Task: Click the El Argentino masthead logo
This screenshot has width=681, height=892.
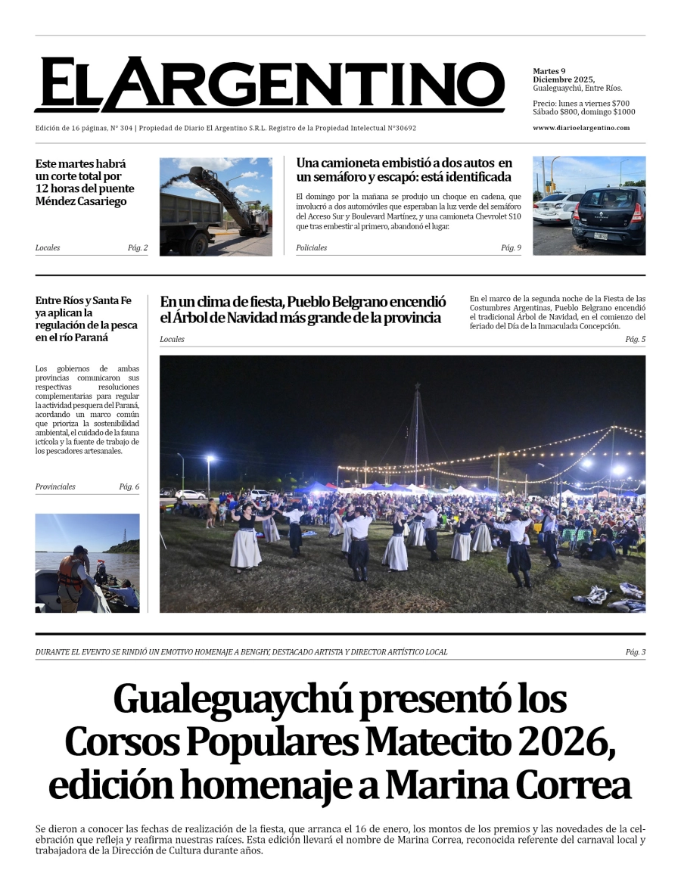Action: [x=269, y=85]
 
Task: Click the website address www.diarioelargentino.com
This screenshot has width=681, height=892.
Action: [x=580, y=128]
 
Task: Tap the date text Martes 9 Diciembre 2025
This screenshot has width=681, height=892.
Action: [x=564, y=76]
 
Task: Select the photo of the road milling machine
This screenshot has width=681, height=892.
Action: [x=216, y=206]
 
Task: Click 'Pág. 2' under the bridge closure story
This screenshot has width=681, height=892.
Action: [x=138, y=248]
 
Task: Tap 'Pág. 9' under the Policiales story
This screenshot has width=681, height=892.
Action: [x=511, y=248]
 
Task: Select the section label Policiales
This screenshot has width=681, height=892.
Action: [x=312, y=248]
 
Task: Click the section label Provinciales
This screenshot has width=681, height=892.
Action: [x=55, y=486]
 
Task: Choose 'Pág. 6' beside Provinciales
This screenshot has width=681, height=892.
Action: [x=129, y=486]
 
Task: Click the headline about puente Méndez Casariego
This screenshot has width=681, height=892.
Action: [x=85, y=182]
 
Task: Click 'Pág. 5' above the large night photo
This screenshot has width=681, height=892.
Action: [x=635, y=339]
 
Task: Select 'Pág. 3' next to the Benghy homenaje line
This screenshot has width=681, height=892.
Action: [x=636, y=652]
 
